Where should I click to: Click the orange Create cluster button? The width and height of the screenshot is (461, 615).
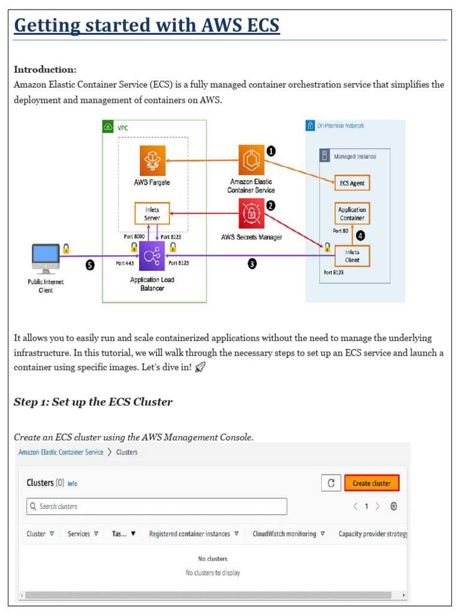point(372,483)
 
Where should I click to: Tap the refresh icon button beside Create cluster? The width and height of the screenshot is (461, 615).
point(331,483)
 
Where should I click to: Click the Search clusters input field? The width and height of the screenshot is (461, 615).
point(157,506)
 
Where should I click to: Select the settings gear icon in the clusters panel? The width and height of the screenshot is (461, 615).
point(394,506)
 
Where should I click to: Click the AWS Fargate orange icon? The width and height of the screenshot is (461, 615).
point(152,161)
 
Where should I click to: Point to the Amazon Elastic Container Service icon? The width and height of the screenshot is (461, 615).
point(251,161)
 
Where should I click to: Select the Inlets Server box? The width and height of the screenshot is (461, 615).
point(152,214)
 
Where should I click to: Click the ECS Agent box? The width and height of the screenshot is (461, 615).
point(352,183)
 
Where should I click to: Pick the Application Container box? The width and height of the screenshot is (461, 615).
point(352,214)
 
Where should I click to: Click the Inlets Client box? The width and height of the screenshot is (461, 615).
point(352,256)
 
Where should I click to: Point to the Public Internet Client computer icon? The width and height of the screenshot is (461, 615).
point(46,258)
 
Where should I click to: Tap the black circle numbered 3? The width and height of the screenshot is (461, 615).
point(252,264)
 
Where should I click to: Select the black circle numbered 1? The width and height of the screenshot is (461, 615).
point(271,151)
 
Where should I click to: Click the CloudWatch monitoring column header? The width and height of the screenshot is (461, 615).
point(285,534)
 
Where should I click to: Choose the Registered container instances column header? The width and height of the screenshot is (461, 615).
point(190,534)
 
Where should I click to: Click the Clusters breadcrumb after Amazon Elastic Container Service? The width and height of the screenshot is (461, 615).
point(127,452)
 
